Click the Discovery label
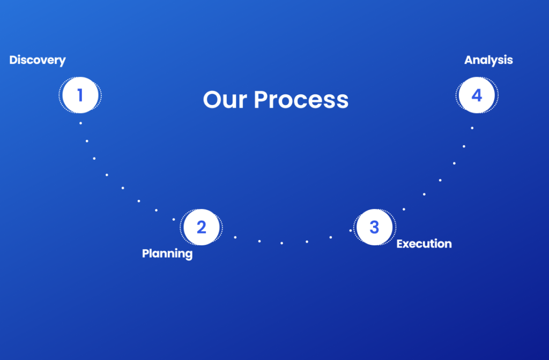(38, 60)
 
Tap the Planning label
(167, 253)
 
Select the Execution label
(424, 244)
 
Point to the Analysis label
(488, 60)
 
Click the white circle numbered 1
(80, 95)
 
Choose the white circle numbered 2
(202, 227)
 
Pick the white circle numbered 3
(374, 227)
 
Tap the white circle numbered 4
(477, 95)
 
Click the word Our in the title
(225, 100)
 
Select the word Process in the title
(301, 100)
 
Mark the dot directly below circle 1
(80, 123)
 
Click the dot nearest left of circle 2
(174, 219)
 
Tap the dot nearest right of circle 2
(235, 237)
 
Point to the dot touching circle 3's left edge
(351, 230)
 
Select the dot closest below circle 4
(472, 128)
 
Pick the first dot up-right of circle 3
(404, 209)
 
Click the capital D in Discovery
(13, 60)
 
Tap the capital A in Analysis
(469, 60)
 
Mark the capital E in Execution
(400, 244)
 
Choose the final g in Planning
(189, 255)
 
